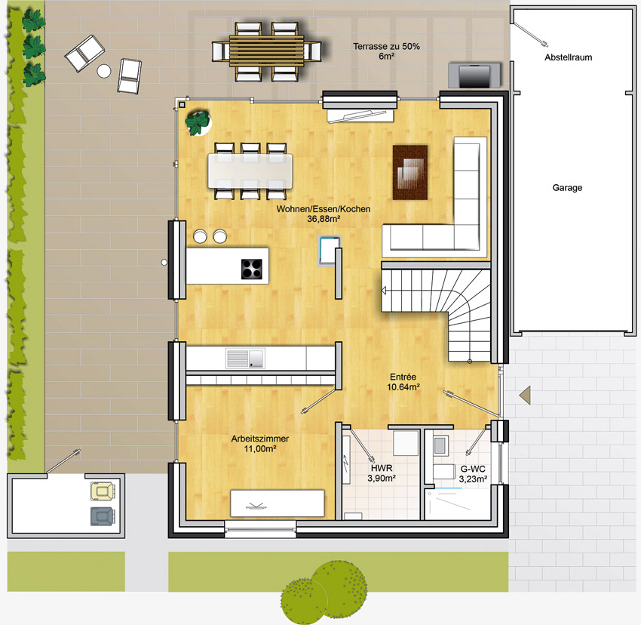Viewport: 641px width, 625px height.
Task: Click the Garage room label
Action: [567, 188]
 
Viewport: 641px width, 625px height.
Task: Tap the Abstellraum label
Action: [569, 57]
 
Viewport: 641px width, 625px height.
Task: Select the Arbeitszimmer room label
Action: [260, 439]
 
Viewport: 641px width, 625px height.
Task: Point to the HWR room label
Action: [382, 468]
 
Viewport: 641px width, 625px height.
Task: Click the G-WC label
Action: [473, 469]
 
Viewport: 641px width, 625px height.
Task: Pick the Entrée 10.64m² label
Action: [403, 382]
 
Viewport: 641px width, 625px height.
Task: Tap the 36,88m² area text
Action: [324, 219]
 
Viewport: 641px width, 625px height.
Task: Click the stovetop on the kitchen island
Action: [251, 269]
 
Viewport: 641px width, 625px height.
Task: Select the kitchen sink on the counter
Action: [245, 359]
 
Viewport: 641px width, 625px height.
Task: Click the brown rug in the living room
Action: [410, 172]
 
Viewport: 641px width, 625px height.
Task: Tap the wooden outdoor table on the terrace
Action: [266, 52]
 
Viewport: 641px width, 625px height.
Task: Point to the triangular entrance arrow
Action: [526, 396]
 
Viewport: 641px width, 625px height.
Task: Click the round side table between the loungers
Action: [104, 71]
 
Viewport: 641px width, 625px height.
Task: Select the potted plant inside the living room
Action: [198, 122]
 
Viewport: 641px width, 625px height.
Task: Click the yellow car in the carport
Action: [103, 491]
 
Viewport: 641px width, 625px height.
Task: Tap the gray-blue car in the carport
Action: [103, 516]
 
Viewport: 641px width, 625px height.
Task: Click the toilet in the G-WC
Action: [444, 472]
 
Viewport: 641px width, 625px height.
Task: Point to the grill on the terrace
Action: [474, 75]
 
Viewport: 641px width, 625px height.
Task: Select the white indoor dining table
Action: [250, 171]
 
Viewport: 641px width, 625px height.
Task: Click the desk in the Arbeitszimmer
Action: [278, 503]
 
